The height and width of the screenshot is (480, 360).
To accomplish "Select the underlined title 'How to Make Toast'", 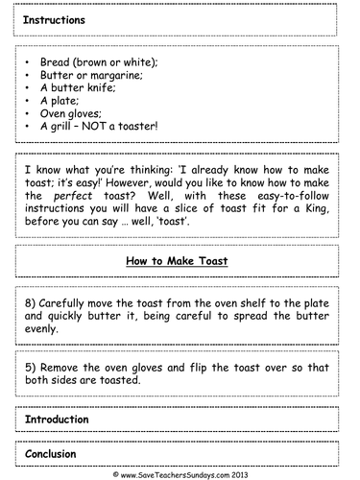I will click(180, 259).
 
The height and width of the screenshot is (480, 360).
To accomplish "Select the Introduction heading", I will click(58, 420).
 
